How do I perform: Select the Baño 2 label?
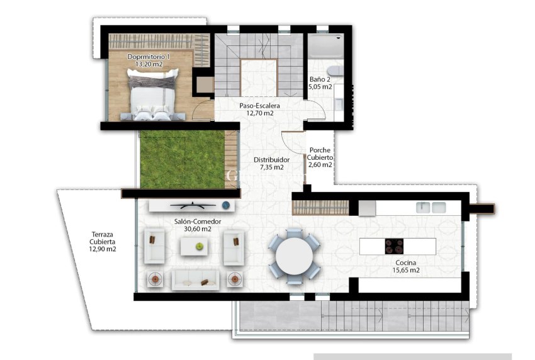click(320, 79)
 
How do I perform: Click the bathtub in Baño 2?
click(324, 47)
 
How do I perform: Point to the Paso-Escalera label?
click(259, 106)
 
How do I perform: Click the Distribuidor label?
click(271, 160)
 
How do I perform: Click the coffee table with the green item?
click(196, 247)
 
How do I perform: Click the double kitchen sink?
click(431, 207)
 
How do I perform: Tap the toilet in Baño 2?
click(335, 70)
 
